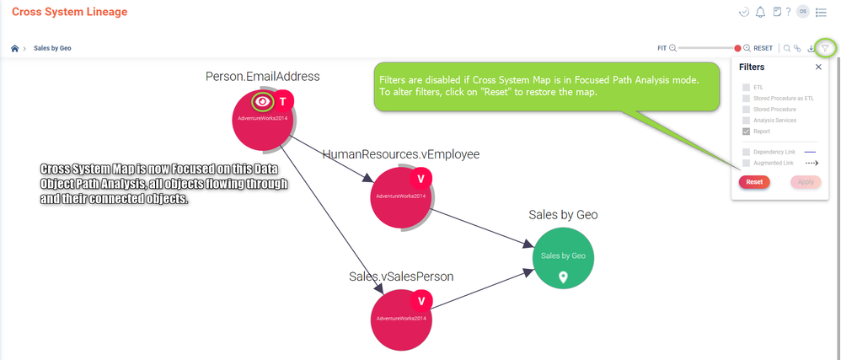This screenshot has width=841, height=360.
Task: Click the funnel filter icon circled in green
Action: pyautogui.click(x=826, y=48)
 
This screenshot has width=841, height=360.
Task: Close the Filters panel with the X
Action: pyautogui.click(x=818, y=67)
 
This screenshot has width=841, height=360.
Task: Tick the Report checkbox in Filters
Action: pyautogui.click(x=746, y=132)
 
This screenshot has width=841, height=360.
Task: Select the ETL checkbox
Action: pyautogui.click(x=746, y=88)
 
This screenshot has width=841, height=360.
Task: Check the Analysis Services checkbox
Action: pyautogui.click(x=746, y=121)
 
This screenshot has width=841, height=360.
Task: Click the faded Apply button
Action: pyautogui.click(x=806, y=182)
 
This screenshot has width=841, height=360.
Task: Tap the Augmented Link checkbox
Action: pyautogui.click(x=746, y=163)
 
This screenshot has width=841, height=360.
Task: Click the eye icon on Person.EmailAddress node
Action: pyautogui.click(x=263, y=102)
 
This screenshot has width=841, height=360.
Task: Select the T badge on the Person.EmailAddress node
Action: pyautogui.click(x=283, y=101)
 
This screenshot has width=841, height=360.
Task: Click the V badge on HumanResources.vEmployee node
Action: pyautogui.click(x=420, y=179)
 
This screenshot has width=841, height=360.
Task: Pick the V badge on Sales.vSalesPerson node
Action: pyautogui.click(x=420, y=301)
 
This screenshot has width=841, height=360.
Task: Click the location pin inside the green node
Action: pyautogui.click(x=563, y=277)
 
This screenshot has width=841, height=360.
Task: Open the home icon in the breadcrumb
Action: pyautogui.click(x=14, y=48)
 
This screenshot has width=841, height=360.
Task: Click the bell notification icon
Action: pyautogui.click(x=760, y=12)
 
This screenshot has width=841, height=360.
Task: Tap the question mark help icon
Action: pyautogui.click(x=788, y=12)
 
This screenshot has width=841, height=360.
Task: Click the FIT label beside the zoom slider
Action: pyautogui.click(x=662, y=48)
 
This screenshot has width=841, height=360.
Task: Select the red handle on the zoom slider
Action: pyautogui.click(x=737, y=48)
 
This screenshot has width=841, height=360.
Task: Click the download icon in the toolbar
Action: pyautogui.click(x=810, y=48)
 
